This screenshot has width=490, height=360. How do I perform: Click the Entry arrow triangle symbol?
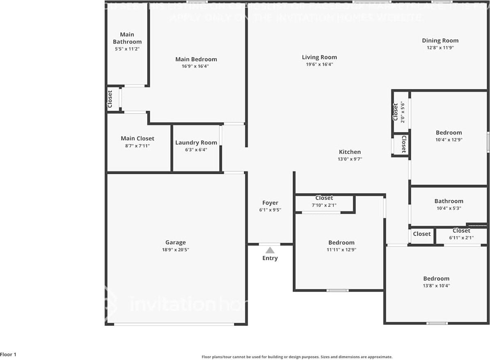tap(270, 250)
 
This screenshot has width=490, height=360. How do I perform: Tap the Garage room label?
tap(176, 242)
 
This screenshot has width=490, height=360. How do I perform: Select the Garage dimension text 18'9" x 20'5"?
tap(176, 250)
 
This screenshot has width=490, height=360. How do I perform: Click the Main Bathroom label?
tap(127, 38)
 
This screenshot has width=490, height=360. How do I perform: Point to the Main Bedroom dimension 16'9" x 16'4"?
tap(196, 66)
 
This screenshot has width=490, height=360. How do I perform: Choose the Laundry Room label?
tap(196, 143)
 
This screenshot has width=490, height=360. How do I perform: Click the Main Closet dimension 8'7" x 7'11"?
tap(137, 146)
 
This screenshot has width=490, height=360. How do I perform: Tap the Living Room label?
tap(319, 57)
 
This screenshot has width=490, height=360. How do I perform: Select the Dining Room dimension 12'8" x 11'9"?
tap(440, 48)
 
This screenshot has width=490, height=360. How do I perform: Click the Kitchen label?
tap(350, 152)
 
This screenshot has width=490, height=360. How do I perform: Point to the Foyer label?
tap(270, 203)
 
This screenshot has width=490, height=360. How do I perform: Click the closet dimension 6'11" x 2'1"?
tap(461, 238)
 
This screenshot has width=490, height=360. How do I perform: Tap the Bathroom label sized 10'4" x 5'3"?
tap(449, 201)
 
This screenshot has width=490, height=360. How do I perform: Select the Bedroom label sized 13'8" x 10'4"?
tap(436, 279)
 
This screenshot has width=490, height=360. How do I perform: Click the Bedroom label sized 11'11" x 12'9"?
tap(341, 243)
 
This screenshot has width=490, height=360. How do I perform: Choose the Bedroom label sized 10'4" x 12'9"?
tap(449, 133)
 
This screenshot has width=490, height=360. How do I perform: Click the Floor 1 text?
tap(9, 355)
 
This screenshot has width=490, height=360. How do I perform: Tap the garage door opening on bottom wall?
tap(174, 324)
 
